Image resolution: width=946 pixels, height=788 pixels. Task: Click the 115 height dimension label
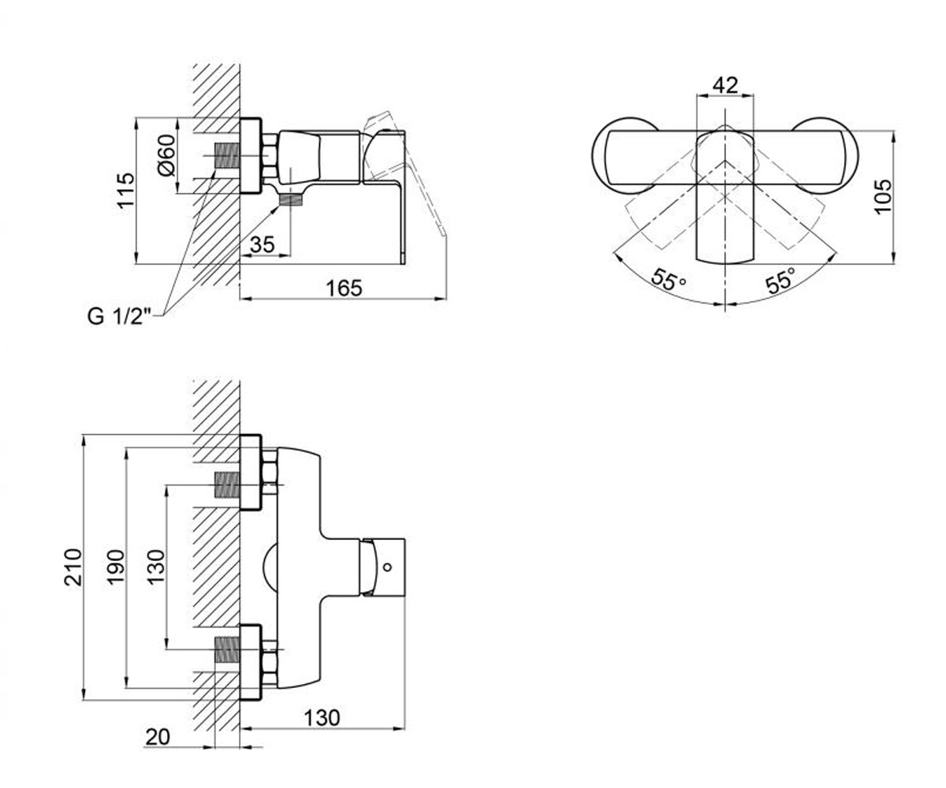point(125,190)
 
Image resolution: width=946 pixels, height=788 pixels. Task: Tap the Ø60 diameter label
point(166,155)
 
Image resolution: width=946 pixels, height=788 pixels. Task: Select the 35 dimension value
point(263,244)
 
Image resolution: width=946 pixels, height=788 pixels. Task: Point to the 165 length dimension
point(345,288)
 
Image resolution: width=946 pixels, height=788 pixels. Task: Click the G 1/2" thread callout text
point(119,316)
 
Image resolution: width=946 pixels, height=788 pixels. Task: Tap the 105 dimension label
point(883,196)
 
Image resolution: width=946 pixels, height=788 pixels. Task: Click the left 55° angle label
point(669,280)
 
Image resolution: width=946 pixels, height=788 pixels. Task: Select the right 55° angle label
point(780,279)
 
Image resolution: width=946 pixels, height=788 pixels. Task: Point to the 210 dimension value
point(73,567)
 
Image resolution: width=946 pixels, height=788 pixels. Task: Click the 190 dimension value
point(115,567)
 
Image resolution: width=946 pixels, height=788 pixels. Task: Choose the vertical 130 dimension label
point(156,567)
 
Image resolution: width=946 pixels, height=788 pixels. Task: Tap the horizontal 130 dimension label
point(321,718)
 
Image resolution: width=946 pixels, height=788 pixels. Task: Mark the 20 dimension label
point(158,737)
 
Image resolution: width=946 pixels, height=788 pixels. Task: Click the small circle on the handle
point(387,567)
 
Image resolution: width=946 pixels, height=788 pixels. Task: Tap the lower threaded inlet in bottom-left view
point(226,650)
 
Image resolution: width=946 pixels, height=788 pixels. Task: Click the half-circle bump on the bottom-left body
point(269,567)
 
